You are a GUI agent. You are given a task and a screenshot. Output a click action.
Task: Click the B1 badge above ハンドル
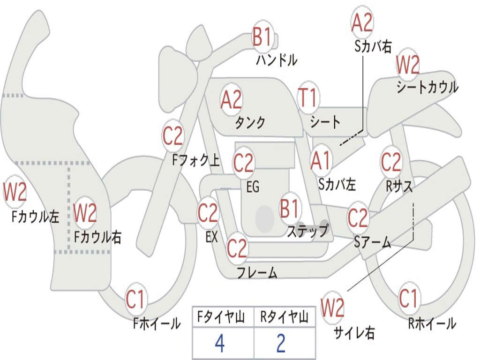point(262,36)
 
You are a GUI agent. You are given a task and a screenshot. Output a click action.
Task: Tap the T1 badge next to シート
point(308,97)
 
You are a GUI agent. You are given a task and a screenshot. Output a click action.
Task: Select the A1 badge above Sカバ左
point(321,161)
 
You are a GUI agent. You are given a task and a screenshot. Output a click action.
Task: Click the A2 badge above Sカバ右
point(362,22)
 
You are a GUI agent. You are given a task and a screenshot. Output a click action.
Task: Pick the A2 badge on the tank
point(232,99)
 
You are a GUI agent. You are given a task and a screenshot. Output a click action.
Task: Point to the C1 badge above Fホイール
point(135,299)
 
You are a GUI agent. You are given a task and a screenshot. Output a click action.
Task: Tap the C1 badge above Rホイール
point(409,298)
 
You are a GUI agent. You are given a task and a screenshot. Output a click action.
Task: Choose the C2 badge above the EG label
point(244,162)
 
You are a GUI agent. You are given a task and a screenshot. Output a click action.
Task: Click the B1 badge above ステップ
point(290,208)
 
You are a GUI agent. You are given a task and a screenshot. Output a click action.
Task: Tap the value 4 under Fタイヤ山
point(220,344)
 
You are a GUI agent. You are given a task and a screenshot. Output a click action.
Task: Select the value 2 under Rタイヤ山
point(281,344)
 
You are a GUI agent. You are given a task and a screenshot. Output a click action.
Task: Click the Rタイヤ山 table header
point(284,317)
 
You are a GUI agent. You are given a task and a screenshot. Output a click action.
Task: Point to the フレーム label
point(257,273)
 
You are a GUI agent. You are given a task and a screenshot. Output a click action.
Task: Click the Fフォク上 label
point(196,160)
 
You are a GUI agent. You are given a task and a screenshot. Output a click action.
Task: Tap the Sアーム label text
point(373,242)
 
